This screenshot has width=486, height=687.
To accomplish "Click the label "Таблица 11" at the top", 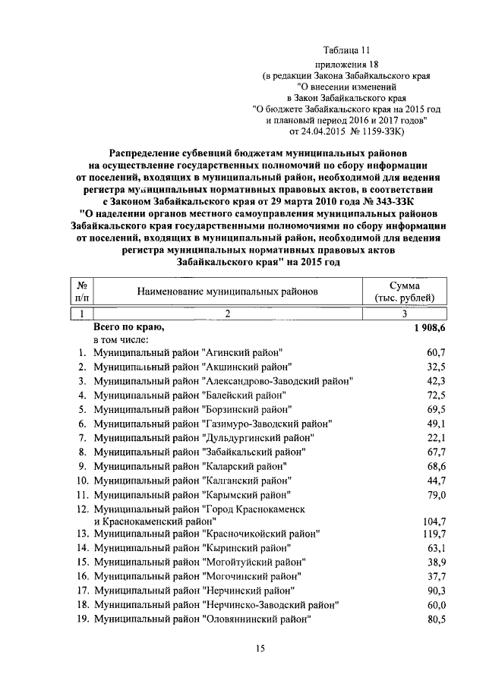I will pyautogui.click(x=348, y=50).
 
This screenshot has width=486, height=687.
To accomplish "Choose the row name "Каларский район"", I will pyautogui.click(x=191, y=465).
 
